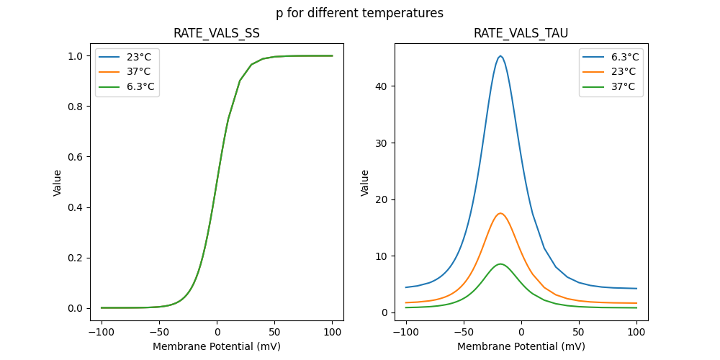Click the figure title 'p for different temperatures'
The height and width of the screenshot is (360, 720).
pos(359,13)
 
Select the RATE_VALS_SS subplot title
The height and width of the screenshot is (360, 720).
pos(217,34)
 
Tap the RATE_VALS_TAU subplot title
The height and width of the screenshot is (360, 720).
pos(521,34)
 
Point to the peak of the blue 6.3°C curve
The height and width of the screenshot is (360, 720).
pos(500,56)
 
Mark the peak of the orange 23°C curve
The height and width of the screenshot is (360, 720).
pos(500,213)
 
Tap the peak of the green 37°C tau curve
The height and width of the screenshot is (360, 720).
pos(500,264)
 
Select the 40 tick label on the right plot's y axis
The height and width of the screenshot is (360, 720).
pos(380,86)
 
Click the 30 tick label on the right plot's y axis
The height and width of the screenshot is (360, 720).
pos(380,143)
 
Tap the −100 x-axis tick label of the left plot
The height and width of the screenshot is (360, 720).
pos(102,333)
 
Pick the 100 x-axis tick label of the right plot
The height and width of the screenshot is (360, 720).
pos(636,333)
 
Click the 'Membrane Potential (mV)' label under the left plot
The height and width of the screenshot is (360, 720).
pos(217,346)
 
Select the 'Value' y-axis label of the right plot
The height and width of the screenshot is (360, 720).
pos(365,183)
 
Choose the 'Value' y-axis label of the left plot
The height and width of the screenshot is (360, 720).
pos(58,183)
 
